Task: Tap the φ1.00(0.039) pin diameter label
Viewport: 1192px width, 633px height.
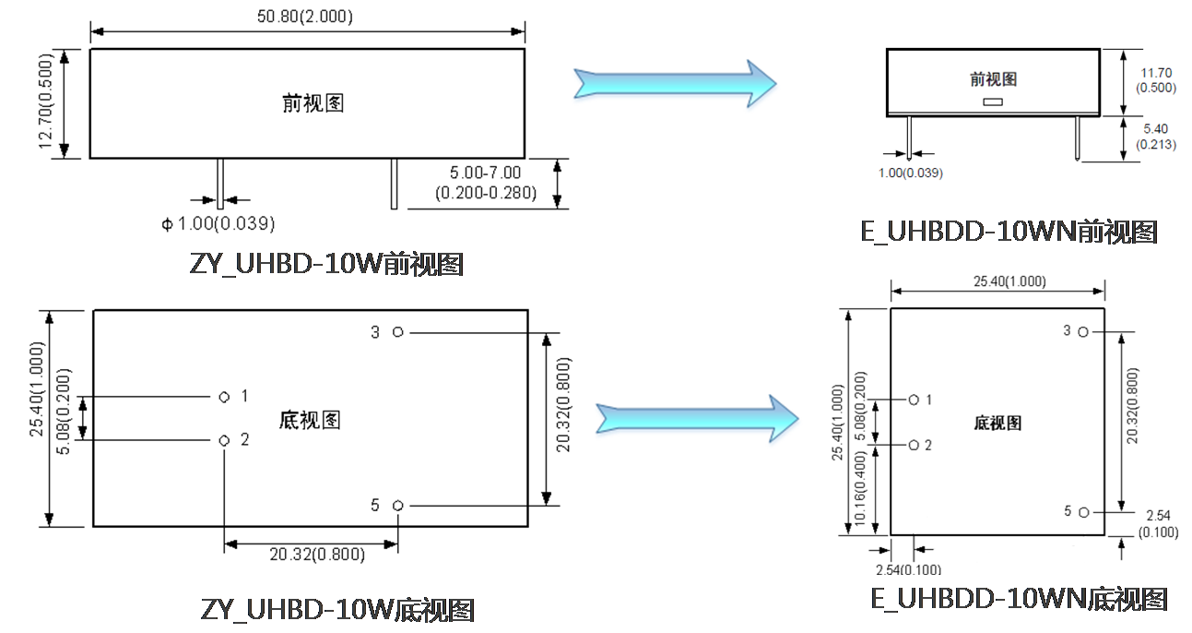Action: tap(218, 223)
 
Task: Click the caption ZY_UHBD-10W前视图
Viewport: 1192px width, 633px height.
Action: tap(325, 265)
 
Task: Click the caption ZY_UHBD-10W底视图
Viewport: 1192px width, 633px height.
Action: tap(337, 610)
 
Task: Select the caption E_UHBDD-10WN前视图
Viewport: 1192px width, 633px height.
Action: tap(1009, 232)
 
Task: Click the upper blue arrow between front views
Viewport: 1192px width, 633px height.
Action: tap(674, 82)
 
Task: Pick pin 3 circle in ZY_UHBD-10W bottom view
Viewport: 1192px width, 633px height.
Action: tap(397, 331)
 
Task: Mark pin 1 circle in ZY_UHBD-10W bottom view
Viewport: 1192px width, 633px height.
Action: tap(224, 397)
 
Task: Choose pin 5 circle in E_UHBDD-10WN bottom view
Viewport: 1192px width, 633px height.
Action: tap(1084, 511)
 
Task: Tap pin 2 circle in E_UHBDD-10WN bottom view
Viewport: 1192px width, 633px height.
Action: tap(913, 445)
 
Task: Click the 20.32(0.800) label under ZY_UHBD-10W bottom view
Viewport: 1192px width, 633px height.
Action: tap(317, 555)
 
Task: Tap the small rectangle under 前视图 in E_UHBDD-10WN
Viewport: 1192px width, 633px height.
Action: tap(993, 102)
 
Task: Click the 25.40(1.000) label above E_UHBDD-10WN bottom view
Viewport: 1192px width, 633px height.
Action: tap(997, 281)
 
